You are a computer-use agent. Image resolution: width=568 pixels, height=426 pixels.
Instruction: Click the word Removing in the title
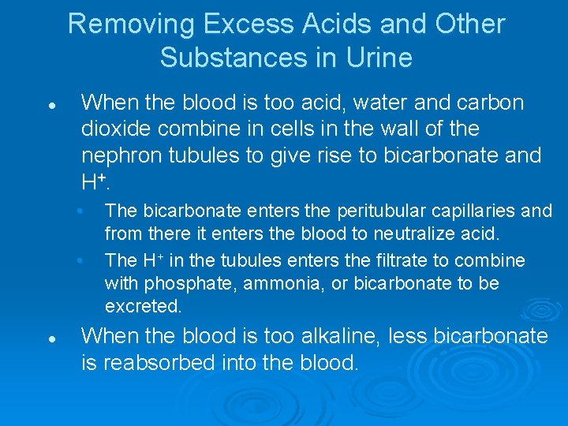click(131, 24)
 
